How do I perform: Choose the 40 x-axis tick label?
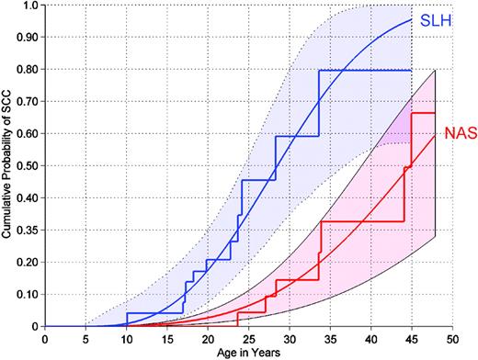tap(370, 337)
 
